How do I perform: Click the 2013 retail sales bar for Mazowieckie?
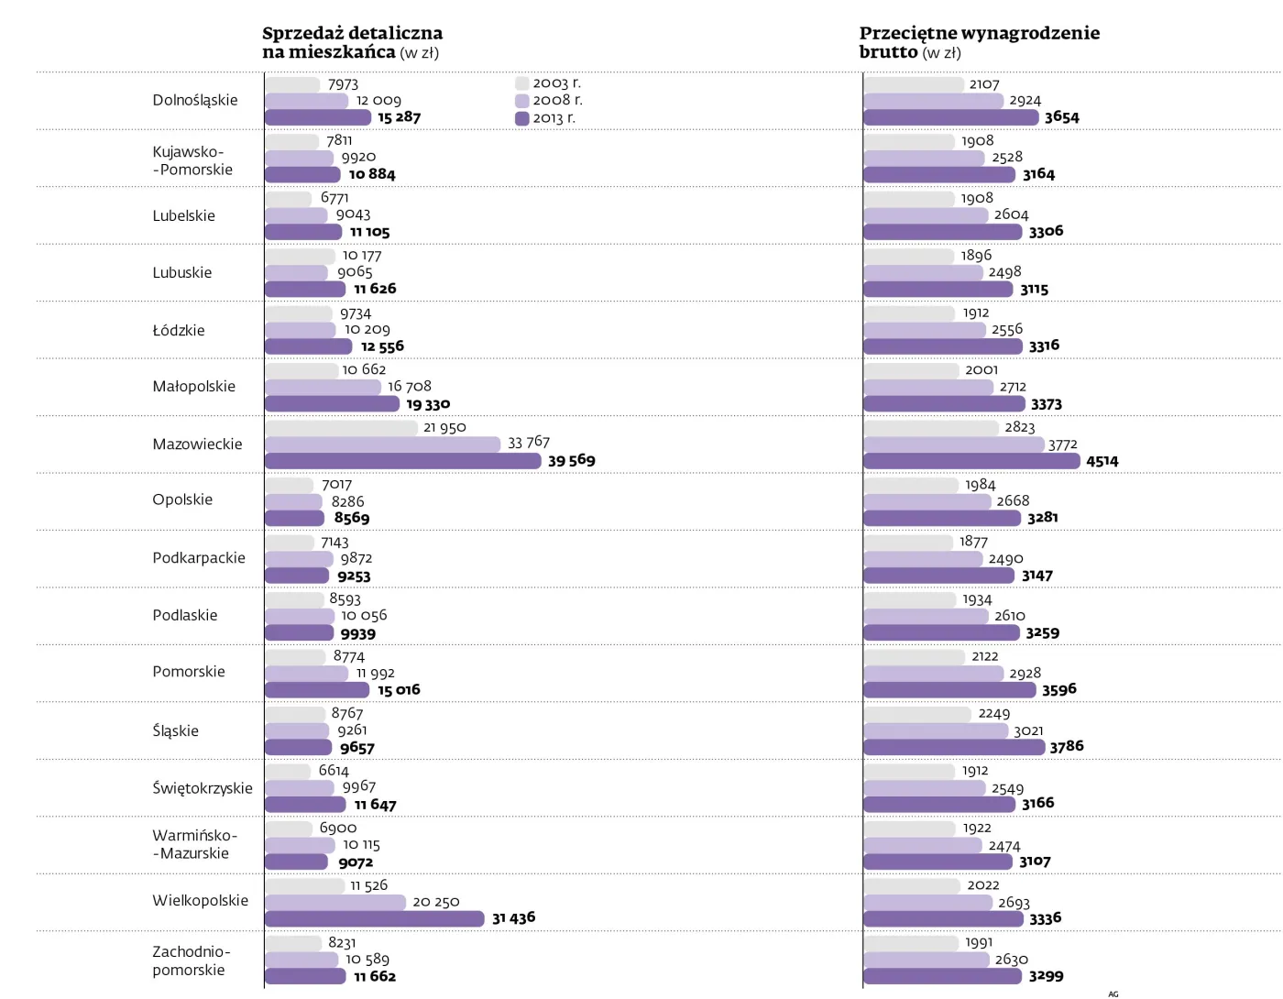click(402, 460)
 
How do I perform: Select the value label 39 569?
click(571, 460)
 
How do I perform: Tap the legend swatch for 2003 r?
click(521, 83)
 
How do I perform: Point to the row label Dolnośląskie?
click(194, 100)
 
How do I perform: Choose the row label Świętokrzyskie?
click(202, 788)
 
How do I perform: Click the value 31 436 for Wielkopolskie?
click(513, 917)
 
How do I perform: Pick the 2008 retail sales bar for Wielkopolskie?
click(334, 902)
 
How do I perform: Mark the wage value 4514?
click(1102, 461)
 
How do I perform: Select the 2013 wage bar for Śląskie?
click(953, 747)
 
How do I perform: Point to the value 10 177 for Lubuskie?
click(362, 256)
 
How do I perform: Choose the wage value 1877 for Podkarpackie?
click(973, 542)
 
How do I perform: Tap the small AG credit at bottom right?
click(1113, 994)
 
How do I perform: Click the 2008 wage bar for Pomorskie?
click(933, 674)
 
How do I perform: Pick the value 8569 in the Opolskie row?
click(351, 518)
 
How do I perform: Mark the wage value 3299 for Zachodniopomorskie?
click(1046, 976)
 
